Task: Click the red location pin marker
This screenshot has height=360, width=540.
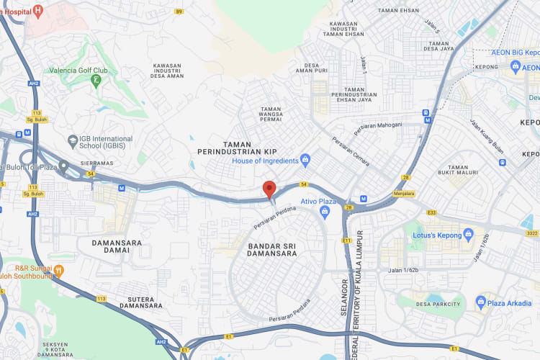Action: [x=269, y=189]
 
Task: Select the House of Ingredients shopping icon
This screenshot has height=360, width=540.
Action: [x=305, y=159]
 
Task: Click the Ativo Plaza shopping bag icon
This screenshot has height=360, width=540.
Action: [x=325, y=211]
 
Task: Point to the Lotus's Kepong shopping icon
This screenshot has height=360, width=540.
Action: [x=469, y=233]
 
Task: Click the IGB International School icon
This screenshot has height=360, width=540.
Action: [x=72, y=139]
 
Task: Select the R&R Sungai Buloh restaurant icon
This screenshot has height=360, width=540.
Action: [x=59, y=271]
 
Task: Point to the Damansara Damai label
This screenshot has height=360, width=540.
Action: [x=117, y=247]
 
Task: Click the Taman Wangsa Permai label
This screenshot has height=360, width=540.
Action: [x=281, y=113]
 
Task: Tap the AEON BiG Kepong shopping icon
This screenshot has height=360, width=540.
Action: [x=516, y=67]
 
